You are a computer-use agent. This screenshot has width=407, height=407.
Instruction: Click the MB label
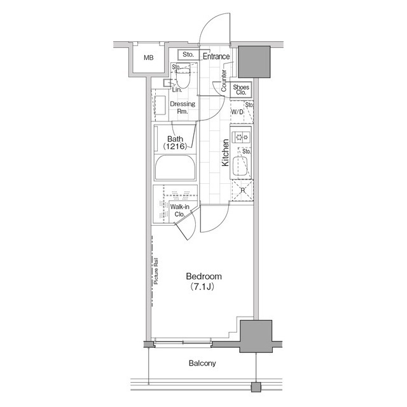[148, 58]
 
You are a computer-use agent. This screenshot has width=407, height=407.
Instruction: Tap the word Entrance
[216, 56]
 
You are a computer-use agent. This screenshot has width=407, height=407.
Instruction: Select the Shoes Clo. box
[240, 90]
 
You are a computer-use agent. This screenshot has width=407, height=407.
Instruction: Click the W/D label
[237, 112]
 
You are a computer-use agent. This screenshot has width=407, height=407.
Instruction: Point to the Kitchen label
[225, 153]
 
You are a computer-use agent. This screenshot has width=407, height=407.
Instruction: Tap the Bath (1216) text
[175, 142]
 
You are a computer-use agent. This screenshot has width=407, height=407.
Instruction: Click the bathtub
[174, 170]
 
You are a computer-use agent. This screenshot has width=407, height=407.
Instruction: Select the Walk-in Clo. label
[177, 211]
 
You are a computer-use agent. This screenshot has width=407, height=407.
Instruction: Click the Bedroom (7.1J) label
[203, 281]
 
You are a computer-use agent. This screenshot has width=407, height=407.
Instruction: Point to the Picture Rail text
[156, 271]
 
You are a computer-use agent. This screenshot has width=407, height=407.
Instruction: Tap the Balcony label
[203, 364]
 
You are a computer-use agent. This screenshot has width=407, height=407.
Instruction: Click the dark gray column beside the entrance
[256, 62]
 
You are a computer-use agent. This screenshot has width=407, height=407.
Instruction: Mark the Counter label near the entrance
[224, 81]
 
